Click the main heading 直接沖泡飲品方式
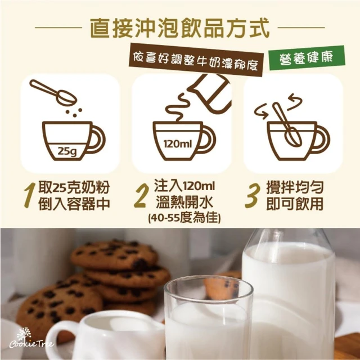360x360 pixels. (x=179, y=28)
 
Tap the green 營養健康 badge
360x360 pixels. (x=307, y=57)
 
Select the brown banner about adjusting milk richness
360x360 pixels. (x=196, y=60)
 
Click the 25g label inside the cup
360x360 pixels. (x=67, y=151)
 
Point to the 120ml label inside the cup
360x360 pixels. (x=178, y=144)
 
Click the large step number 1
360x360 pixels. (x=30, y=195)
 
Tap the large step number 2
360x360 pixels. (x=140, y=195)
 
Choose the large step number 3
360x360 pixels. (x=253, y=195)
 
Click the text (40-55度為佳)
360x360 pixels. (x=184, y=218)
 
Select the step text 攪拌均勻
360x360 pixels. (x=295, y=187)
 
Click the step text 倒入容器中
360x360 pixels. (x=74, y=204)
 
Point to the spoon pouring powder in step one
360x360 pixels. (x=53, y=92)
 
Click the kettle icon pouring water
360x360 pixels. (x=210, y=93)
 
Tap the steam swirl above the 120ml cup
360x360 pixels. (x=177, y=107)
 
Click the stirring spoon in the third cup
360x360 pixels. (x=287, y=124)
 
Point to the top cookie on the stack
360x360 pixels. (x=114, y=255)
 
